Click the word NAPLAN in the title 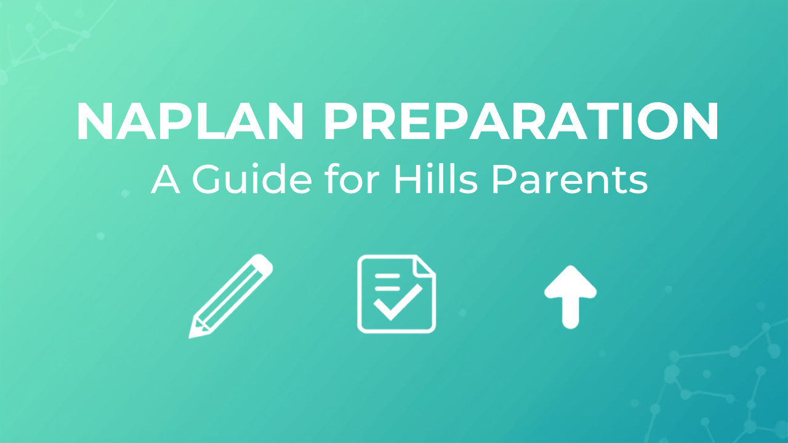coord(190,121)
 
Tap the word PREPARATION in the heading coord(521,121)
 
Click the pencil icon coord(231,296)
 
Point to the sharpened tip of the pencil coord(190,337)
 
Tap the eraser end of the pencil coord(264,263)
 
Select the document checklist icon coord(396,293)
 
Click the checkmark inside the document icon coord(398,302)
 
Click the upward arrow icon coord(570,297)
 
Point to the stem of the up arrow coord(570,313)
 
